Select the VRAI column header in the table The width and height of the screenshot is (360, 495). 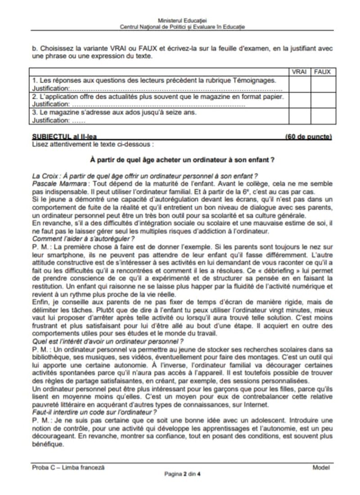[x=299, y=71]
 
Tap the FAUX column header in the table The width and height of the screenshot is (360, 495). [x=322, y=71]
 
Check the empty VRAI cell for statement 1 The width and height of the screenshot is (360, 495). [x=299, y=84]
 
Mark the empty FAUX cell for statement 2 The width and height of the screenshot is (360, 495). [x=322, y=100]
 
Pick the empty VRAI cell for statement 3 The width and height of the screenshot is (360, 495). [x=299, y=116]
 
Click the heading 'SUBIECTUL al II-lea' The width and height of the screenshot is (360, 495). [x=65, y=137]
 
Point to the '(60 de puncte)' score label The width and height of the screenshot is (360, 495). [x=308, y=137]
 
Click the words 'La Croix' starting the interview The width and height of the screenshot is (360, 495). [x=45, y=175]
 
